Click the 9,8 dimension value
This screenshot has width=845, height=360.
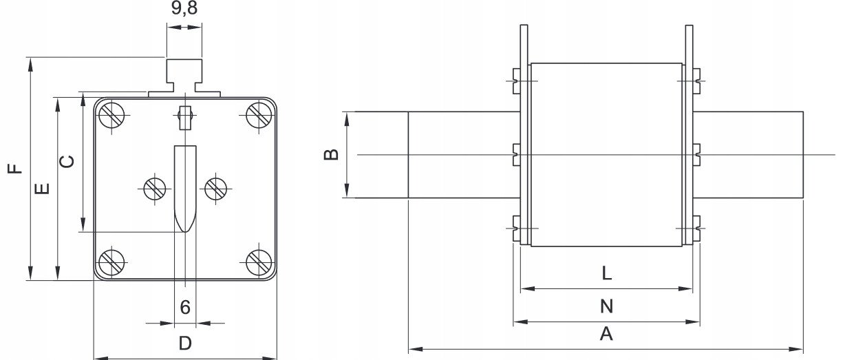click(x=184, y=8)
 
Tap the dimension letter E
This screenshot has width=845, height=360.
click(x=42, y=189)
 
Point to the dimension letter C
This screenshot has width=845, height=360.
click(x=67, y=162)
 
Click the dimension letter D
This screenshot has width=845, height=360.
click(x=185, y=343)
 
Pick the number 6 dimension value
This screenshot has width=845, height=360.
click(x=185, y=307)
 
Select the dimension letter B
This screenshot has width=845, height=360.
click(x=332, y=154)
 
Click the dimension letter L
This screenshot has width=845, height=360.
click(x=607, y=273)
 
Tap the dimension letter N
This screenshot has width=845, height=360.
click(x=607, y=306)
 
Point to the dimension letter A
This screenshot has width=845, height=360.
click(x=606, y=334)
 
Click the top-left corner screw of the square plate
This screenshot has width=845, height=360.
click(x=111, y=115)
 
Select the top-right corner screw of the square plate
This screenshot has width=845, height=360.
click(x=259, y=115)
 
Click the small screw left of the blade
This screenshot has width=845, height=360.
click(x=155, y=189)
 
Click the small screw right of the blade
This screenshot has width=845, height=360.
click(x=216, y=189)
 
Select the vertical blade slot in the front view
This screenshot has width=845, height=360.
click(x=185, y=189)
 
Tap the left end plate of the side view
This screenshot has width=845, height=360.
click(x=524, y=135)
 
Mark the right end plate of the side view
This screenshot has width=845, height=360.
click(x=689, y=135)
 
